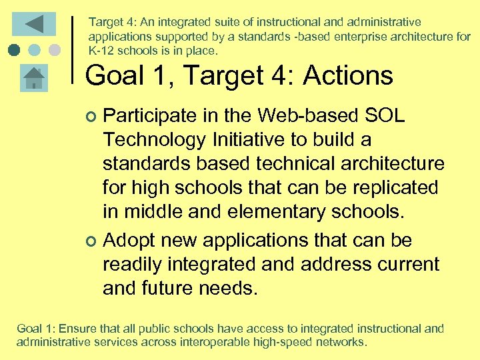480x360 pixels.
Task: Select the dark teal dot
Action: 15,50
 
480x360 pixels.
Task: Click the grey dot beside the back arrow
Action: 55,50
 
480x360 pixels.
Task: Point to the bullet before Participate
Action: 92,117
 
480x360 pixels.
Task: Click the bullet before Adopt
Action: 92,241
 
